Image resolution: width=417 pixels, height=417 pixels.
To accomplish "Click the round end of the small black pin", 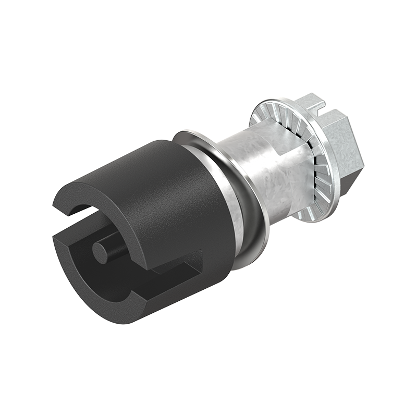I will (x=101, y=252).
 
